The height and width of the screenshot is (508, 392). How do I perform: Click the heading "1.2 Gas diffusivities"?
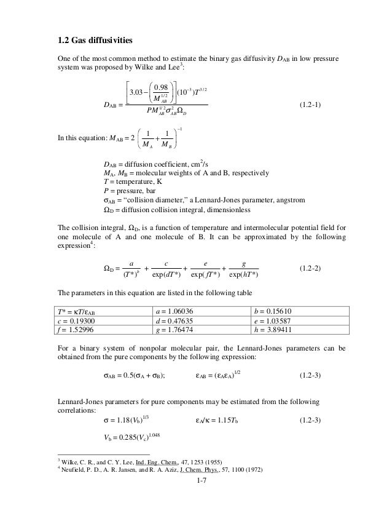pyautogui.click(x=90, y=41)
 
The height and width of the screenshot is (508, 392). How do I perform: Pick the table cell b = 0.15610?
pyautogui.click(x=273, y=312)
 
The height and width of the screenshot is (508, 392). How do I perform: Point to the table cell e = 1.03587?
pyautogui.click(x=273, y=321)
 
